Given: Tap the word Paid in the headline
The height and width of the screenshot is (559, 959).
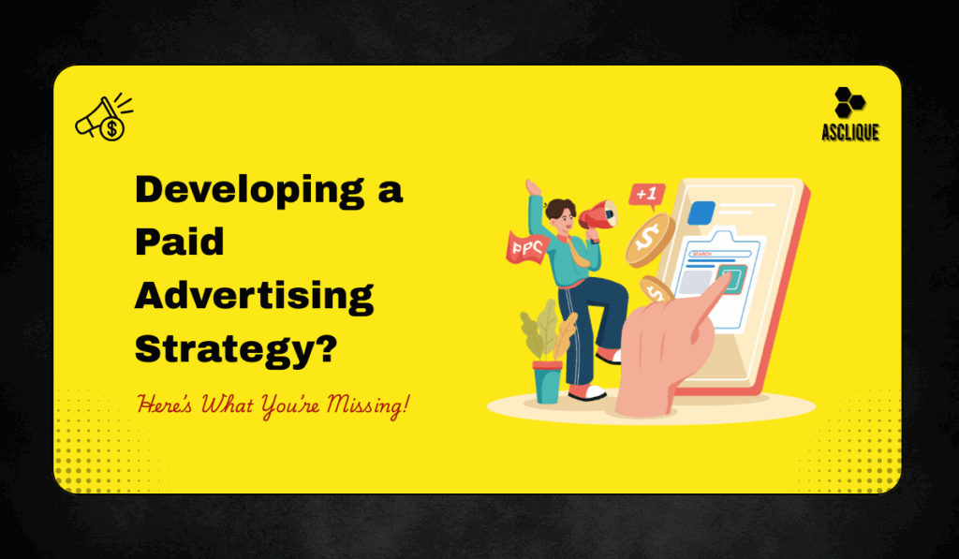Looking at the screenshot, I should click(x=180, y=243).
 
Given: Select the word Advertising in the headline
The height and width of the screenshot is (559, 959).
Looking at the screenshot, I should click(x=255, y=296).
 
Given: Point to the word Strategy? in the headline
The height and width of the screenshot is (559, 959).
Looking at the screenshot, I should click(x=237, y=348).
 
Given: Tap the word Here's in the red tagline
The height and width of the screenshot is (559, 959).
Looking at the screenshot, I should click(x=162, y=405).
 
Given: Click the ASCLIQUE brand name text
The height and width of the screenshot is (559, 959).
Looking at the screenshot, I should click(x=850, y=132).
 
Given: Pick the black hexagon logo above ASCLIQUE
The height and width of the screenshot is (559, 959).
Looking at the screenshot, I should click(x=849, y=102).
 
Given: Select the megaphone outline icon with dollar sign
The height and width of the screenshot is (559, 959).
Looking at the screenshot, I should click(x=102, y=120).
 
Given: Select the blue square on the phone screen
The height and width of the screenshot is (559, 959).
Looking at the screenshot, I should click(x=701, y=212).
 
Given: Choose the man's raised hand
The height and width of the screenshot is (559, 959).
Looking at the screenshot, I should click(x=532, y=187).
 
